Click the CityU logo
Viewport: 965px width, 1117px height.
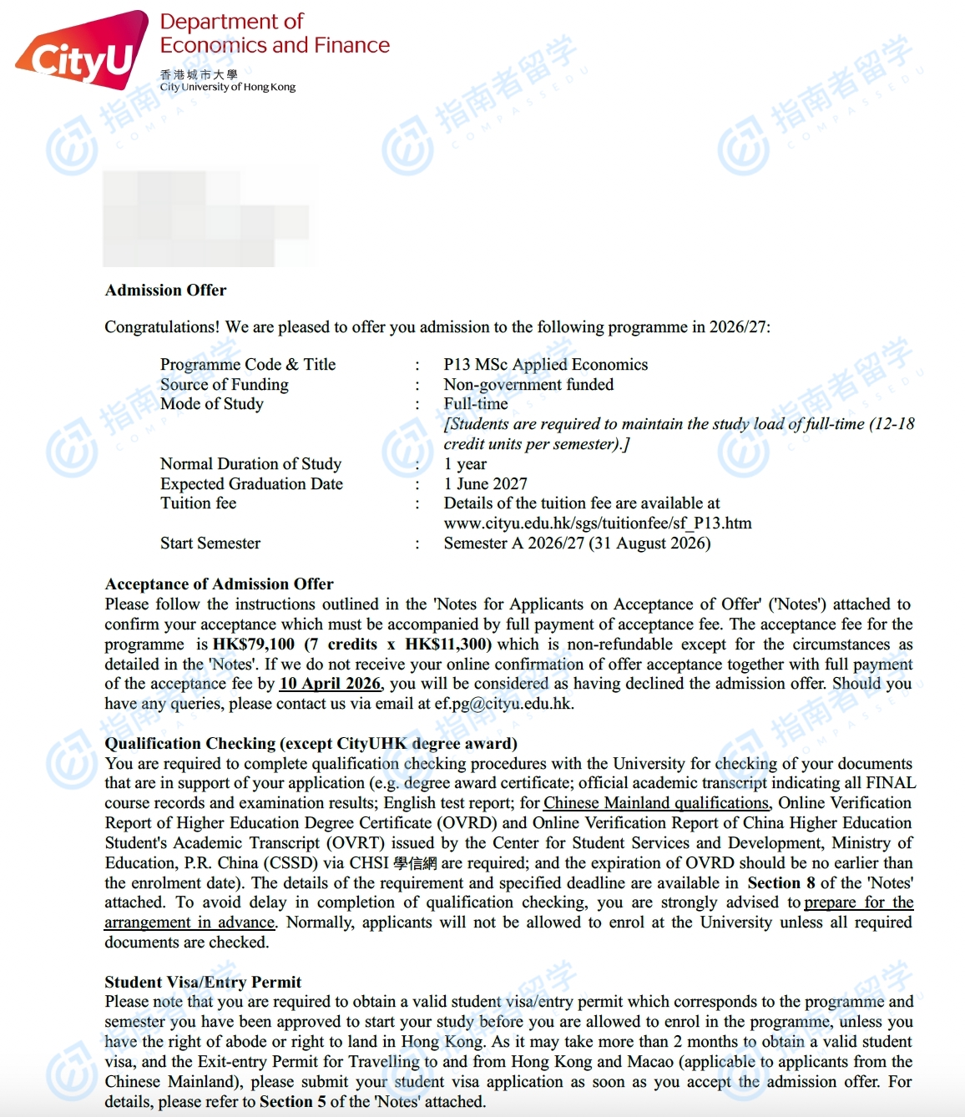click(81, 52)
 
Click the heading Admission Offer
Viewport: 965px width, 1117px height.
click(165, 291)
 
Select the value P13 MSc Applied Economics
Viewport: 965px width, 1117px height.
click(545, 365)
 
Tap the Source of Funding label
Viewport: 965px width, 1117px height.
click(224, 385)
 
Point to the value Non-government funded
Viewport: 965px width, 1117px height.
click(528, 385)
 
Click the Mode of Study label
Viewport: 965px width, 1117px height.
click(211, 404)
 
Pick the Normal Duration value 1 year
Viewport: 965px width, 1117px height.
click(465, 464)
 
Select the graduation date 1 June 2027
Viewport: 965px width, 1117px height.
click(485, 484)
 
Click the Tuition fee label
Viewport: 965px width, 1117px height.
click(198, 503)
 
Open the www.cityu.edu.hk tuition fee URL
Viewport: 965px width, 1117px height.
click(597, 523)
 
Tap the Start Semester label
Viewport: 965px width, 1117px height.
click(210, 543)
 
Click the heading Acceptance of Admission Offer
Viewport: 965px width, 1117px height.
click(219, 584)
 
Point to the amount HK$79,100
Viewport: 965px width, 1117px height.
click(254, 644)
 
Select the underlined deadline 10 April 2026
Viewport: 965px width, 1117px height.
click(330, 684)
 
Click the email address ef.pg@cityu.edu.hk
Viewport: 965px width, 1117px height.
click(503, 704)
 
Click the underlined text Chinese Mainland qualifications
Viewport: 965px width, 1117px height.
click(655, 803)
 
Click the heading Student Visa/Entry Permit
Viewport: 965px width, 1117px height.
click(203, 983)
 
